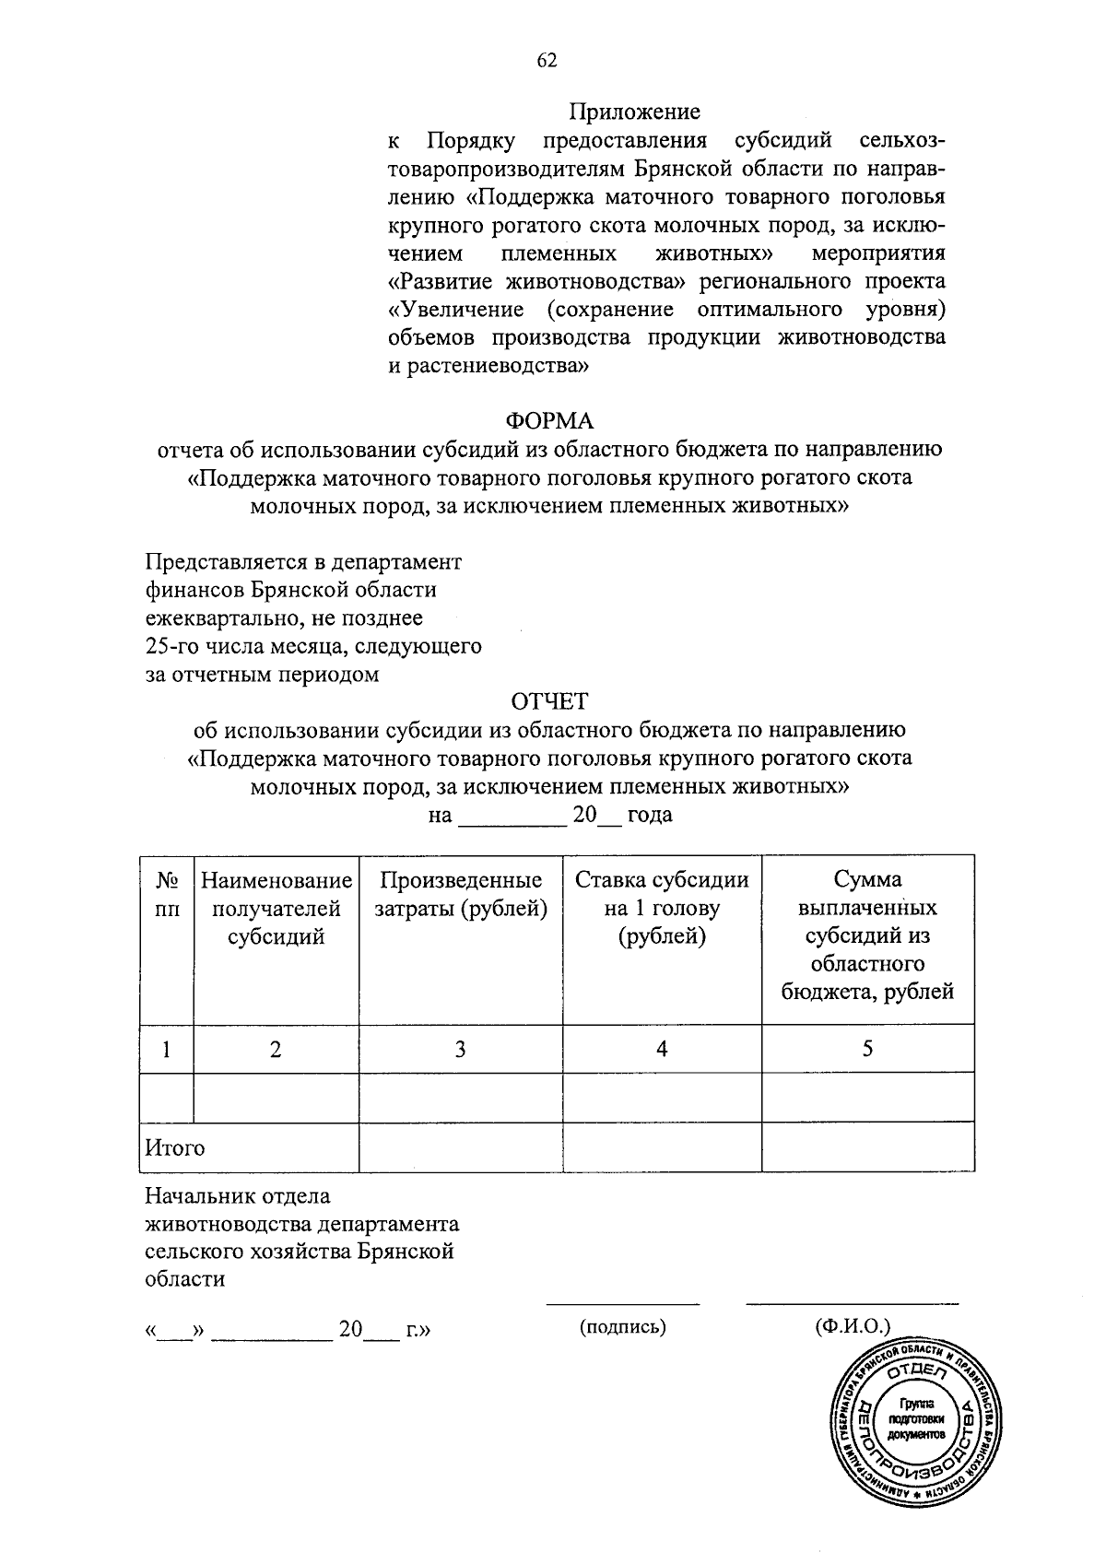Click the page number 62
[x=547, y=61]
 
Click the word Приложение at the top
[x=634, y=112]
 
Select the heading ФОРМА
[x=549, y=421]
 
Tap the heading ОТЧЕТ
[x=549, y=702]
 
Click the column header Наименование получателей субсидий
[x=276, y=909]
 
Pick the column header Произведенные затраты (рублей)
[x=460, y=894]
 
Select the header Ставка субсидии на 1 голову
[x=662, y=908]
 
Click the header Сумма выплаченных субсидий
[x=867, y=935]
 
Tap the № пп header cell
[x=167, y=894]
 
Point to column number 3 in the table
[x=460, y=1049]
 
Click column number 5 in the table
[x=867, y=1049]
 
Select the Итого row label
[x=175, y=1148]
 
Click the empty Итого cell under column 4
[x=662, y=1147]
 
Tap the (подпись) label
[x=622, y=1327]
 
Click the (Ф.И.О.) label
[x=853, y=1327]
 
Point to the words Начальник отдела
[x=238, y=1197]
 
